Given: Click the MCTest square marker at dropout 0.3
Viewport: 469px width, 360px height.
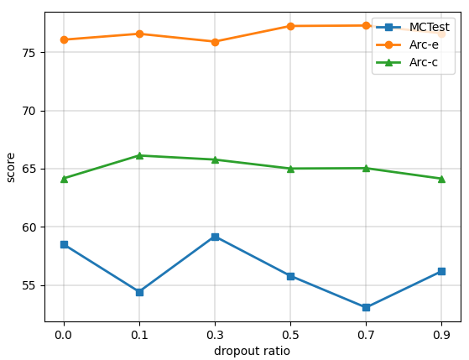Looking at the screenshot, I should pyautogui.click(x=215, y=237).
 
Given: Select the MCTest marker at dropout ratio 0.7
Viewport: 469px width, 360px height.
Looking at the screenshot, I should pyautogui.click(x=366, y=307).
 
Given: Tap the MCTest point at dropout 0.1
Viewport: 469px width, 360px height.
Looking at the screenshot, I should pyautogui.click(x=139, y=292).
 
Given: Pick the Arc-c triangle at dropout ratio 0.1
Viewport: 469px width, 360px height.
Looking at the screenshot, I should pyautogui.click(x=139, y=155).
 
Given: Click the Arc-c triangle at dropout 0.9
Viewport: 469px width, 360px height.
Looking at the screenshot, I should pyautogui.click(x=441, y=179).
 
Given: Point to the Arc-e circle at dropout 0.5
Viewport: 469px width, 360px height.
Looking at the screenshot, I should pyautogui.click(x=290, y=26).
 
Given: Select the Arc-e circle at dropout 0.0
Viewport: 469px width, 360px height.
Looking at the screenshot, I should pyautogui.click(x=64, y=39).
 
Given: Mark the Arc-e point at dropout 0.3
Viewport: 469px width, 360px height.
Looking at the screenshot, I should pyautogui.click(x=215, y=41).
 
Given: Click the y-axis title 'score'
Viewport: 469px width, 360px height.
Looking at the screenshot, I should pyautogui.click(x=11, y=166).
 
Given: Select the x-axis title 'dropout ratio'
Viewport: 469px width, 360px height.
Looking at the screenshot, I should pyautogui.click(x=252, y=351).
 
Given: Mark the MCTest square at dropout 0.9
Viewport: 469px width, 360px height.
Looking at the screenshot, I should pyautogui.click(x=441, y=271).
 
